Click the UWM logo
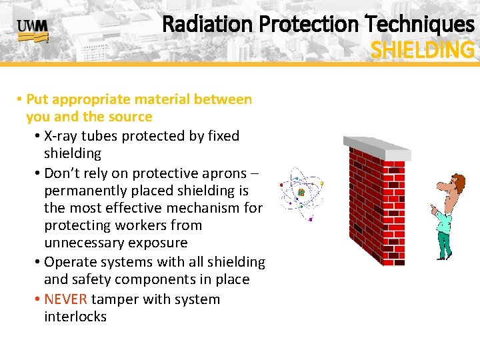tap(32, 30)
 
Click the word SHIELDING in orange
tap(422, 50)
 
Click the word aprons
tap(222, 173)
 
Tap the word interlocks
tap(75, 316)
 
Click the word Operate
tap(71, 262)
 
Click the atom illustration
tap(301, 192)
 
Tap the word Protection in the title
tap(307, 25)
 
